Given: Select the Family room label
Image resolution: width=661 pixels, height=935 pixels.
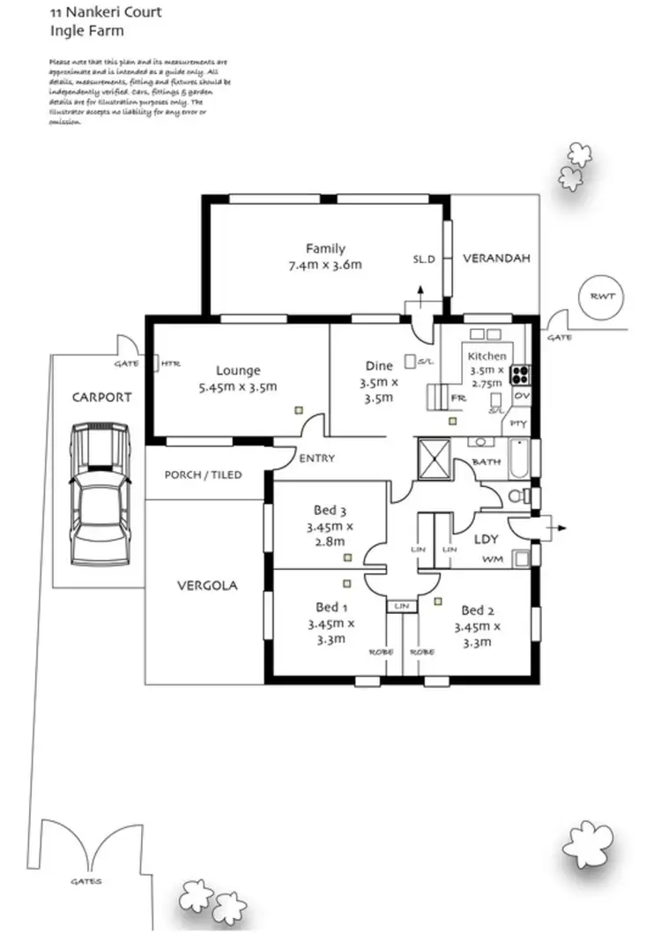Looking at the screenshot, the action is coord(325,248).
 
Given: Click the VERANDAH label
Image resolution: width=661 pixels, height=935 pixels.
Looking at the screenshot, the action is coord(496,258).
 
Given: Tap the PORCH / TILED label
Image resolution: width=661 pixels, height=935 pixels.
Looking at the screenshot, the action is coord(203,475).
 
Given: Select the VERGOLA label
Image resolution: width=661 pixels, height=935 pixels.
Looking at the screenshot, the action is coord(207,585).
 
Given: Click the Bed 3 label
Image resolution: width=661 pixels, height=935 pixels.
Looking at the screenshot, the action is coord(330,510).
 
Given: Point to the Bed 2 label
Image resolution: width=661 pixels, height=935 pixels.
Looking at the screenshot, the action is coord(477,610).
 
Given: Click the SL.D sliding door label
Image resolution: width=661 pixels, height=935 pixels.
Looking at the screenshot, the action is coord(425,259).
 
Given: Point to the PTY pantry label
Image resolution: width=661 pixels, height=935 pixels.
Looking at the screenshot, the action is coord(519,424).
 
